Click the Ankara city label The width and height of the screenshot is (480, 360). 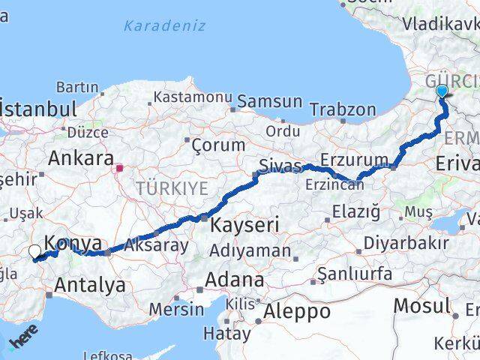pyautogui.click(x=81, y=160)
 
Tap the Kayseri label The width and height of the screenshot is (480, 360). pyautogui.click(x=244, y=224)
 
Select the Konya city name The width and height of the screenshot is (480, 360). pyautogui.click(x=73, y=243)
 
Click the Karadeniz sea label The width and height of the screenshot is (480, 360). pyautogui.click(x=164, y=26)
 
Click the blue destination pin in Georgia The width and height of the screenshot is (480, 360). pyautogui.click(x=442, y=91)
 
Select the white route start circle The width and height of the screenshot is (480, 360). pyautogui.click(x=34, y=253)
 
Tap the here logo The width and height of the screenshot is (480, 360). pyautogui.click(x=22, y=341)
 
